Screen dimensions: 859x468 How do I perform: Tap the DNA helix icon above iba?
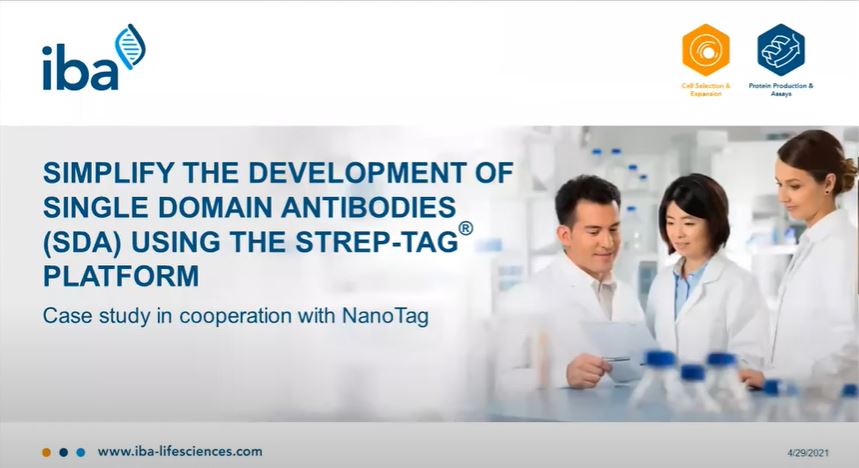[130, 47]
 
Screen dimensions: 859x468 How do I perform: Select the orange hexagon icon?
[706, 50]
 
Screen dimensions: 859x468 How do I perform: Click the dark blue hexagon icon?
[781, 50]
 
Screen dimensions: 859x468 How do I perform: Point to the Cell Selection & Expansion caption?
[706, 90]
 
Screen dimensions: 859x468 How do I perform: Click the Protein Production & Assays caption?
[781, 90]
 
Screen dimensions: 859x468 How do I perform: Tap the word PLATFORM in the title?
[121, 276]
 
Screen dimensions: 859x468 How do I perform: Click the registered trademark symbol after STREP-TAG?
[466, 228]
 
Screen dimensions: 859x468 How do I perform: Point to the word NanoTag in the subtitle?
[385, 316]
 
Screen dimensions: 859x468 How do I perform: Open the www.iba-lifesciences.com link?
[180, 452]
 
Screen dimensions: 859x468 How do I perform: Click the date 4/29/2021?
[808, 453]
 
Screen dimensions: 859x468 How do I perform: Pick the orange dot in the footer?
[47, 453]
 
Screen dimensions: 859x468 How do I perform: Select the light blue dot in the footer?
[81, 453]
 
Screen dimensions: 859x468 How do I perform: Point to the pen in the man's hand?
[617, 359]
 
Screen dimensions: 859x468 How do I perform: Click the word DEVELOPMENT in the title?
[357, 173]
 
